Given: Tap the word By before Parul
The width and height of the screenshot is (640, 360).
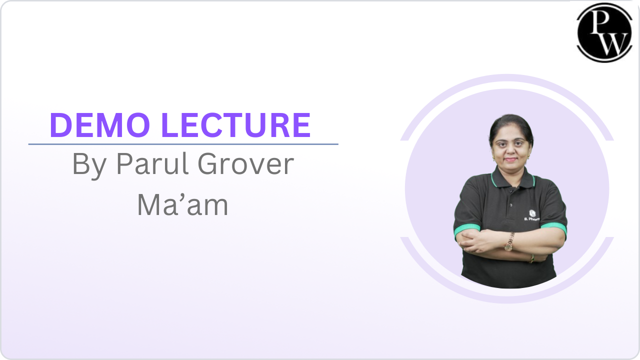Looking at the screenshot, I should coord(89,164).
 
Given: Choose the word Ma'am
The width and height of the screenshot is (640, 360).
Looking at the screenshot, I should coord(182,205).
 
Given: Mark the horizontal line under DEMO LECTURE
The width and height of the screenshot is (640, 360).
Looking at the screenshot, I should coord(183,144).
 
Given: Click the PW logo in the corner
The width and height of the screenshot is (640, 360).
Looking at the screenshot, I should coord(604,32).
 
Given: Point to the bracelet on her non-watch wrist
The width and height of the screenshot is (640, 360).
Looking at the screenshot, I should coord(532,258).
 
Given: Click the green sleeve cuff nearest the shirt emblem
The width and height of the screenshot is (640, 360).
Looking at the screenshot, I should coord(554,227).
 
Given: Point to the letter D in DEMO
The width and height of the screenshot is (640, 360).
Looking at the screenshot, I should coord(60,125).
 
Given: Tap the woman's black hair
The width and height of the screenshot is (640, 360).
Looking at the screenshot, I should coord(510,122).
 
